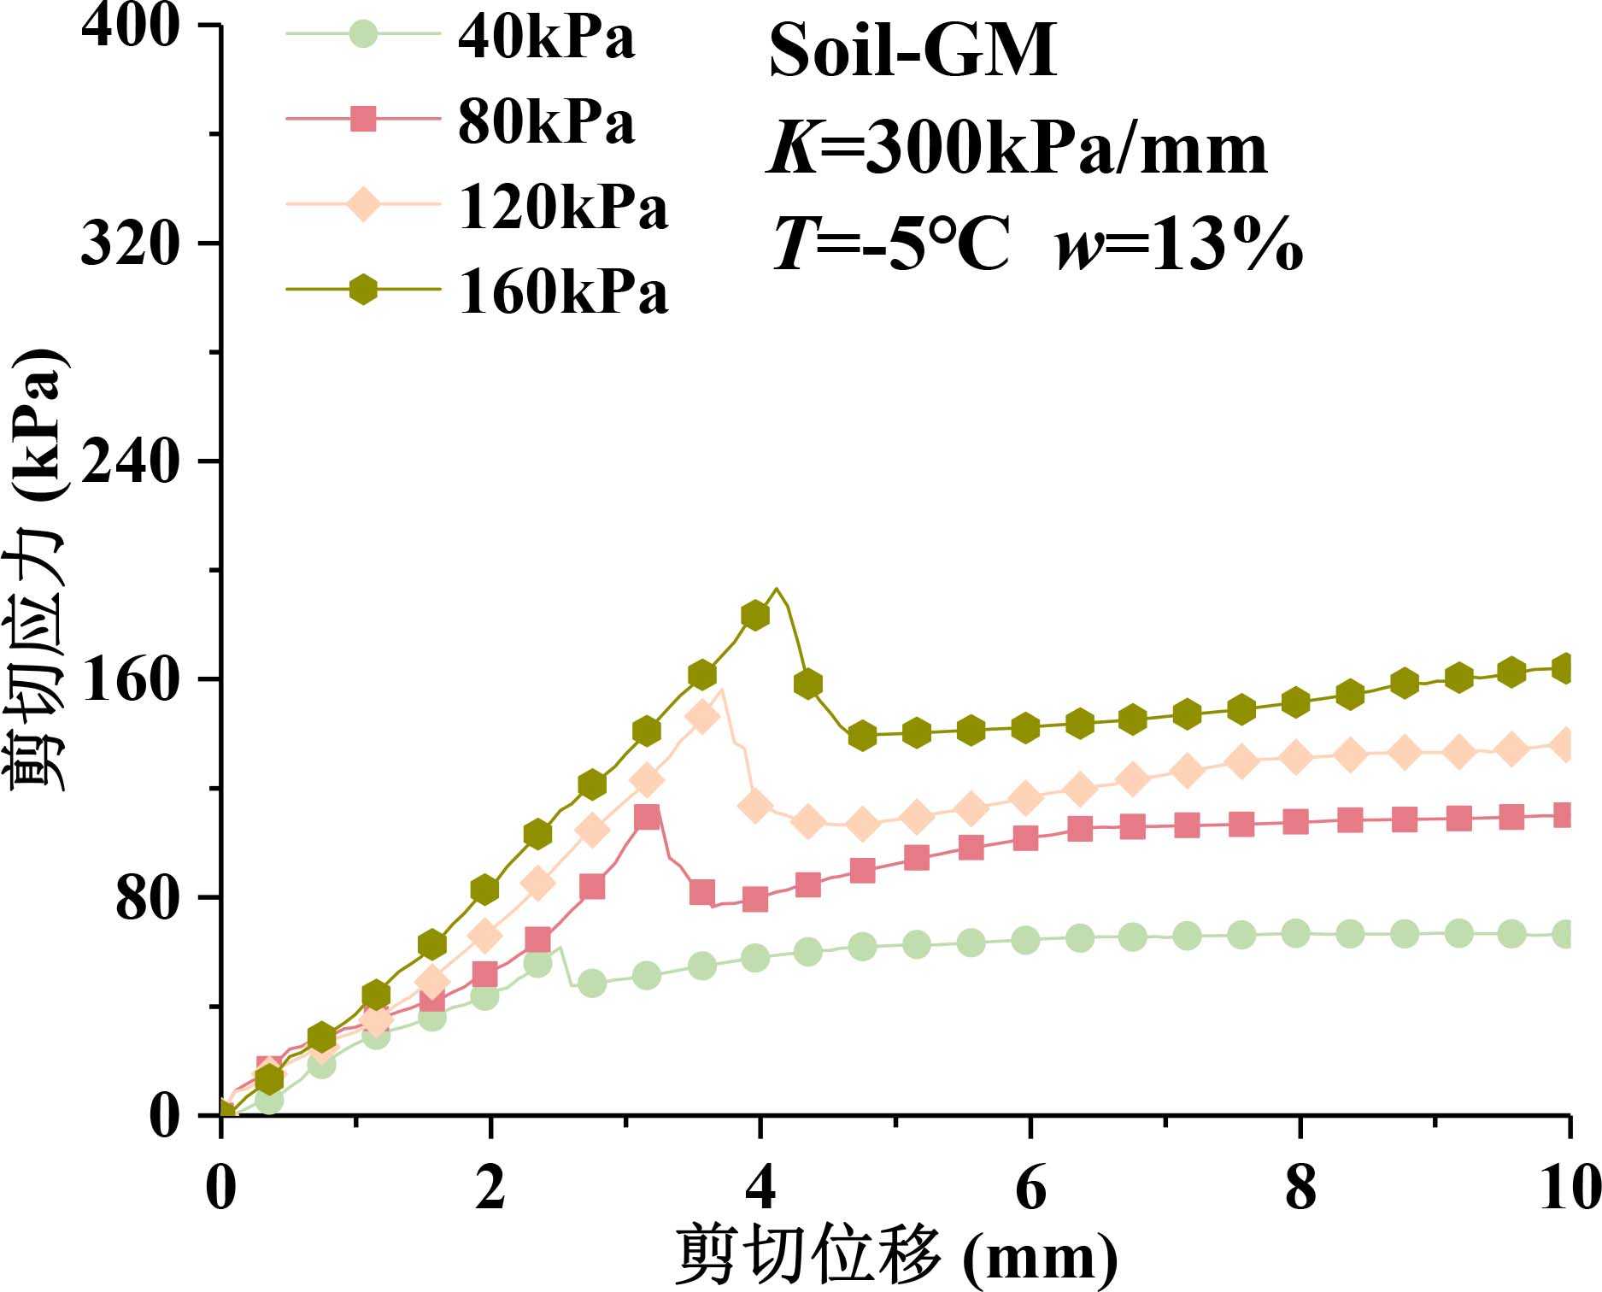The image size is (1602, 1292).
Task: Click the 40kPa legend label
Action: point(547,38)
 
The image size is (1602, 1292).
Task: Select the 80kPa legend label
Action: point(547,122)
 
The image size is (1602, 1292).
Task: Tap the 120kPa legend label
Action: point(563,208)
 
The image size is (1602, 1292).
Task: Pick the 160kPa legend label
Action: point(563,292)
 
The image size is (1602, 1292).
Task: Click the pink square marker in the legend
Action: point(364,119)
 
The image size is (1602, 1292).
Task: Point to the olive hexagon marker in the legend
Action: point(364,290)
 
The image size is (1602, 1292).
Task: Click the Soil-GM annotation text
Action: point(912,50)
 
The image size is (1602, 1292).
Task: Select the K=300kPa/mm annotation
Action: point(1017,149)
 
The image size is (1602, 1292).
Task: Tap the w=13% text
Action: point(1179,244)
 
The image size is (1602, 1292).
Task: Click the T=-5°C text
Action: point(891,244)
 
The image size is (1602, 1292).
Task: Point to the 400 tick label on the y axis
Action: point(131,26)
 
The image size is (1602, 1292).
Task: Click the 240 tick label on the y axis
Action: point(131,461)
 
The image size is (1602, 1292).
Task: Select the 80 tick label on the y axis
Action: point(147,897)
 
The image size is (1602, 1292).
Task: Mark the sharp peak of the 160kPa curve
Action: point(776,589)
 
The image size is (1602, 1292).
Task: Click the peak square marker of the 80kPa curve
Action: point(648,817)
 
